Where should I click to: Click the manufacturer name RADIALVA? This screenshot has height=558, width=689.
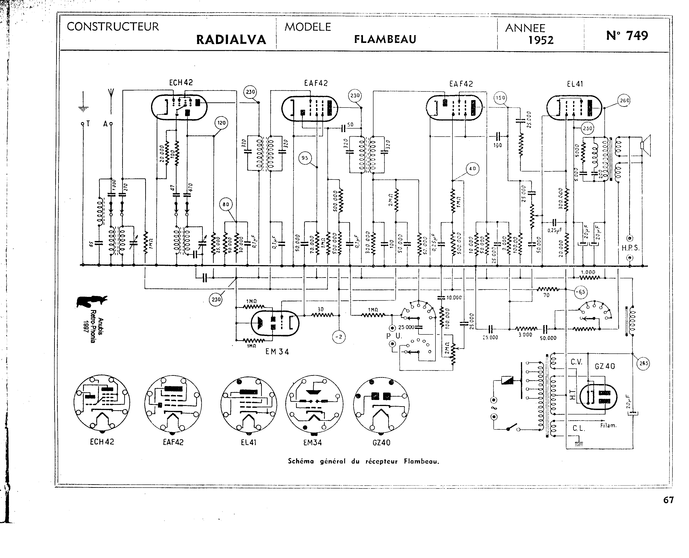(x=231, y=40)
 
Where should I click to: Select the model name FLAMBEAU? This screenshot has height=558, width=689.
(x=385, y=39)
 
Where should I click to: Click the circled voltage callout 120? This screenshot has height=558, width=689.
(x=221, y=123)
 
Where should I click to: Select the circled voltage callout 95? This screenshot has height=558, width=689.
(x=305, y=158)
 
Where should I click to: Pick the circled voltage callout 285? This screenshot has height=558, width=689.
(x=643, y=364)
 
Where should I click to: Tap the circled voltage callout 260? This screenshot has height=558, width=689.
(x=624, y=101)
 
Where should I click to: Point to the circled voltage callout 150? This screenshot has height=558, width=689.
(x=500, y=98)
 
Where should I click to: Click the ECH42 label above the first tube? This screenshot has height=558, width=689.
(x=181, y=83)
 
